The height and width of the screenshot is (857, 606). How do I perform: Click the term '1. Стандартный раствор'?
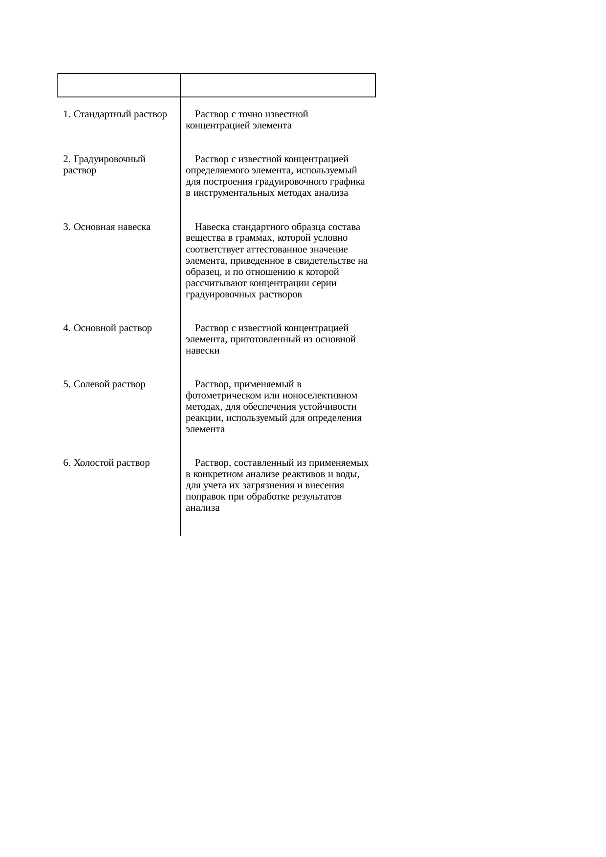click(x=115, y=115)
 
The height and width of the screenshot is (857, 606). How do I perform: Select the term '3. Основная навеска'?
click(x=107, y=227)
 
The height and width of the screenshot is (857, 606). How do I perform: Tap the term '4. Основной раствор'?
click(x=108, y=328)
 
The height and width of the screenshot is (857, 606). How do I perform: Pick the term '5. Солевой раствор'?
click(x=104, y=384)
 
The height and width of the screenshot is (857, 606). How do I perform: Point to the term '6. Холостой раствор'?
click(x=106, y=463)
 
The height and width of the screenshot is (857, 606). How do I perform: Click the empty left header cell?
click(x=119, y=85)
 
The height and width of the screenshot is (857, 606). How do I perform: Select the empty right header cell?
click(x=278, y=85)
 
